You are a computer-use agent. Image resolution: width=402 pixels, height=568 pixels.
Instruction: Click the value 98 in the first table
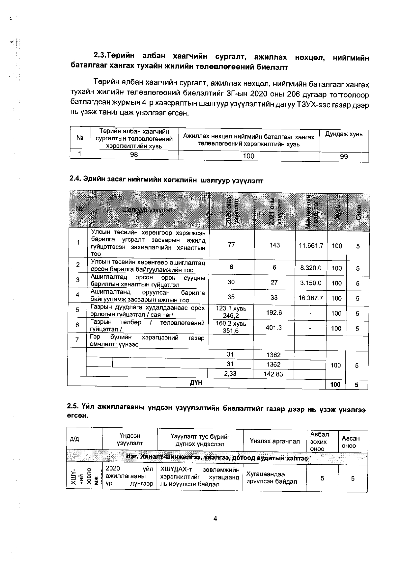click(x=134, y=154)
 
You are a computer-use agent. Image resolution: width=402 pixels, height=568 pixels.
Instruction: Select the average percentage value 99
click(x=344, y=157)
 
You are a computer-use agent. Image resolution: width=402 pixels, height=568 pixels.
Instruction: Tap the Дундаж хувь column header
click(x=344, y=134)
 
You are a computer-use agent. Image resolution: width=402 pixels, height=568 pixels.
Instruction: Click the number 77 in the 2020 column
click(x=231, y=245)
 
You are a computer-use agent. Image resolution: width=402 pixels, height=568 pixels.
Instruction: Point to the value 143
click(x=274, y=245)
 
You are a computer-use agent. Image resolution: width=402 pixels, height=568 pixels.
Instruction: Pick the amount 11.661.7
click(x=311, y=246)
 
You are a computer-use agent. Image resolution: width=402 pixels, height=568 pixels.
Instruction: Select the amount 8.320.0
click(x=311, y=268)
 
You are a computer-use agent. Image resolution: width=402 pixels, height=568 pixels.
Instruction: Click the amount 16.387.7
click(x=311, y=298)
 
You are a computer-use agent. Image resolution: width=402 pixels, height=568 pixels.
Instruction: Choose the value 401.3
click(x=274, y=328)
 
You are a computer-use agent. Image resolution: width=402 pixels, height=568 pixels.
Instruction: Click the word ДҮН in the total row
click(x=196, y=383)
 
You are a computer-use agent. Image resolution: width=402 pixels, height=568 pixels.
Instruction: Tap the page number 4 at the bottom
click(x=215, y=518)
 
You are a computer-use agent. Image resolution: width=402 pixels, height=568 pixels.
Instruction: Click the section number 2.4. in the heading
click(x=76, y=179)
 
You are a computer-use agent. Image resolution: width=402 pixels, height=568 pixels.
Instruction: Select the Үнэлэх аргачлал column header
click(x=275, y=441)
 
